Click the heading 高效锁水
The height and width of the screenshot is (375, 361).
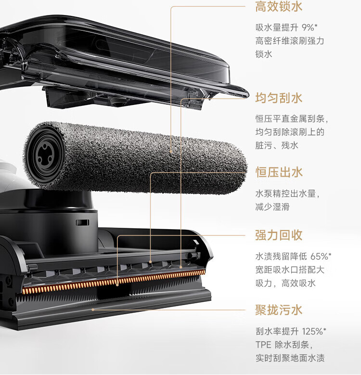pyautogui.click(x=279, y=6)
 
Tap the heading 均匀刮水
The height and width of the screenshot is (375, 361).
pyautogui.click(x=279, y=98)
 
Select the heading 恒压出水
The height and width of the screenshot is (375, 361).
pyautogui.click(x=279, y=172)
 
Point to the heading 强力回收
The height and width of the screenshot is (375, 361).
pyautogui.click(x=279, y=235)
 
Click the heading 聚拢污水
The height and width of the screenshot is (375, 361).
pyautogui.click(x=279, y=310)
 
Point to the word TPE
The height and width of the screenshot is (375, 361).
pyautogui.click(x=263, y=345)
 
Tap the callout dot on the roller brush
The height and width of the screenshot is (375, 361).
pyautogui.click(x=171, y=151)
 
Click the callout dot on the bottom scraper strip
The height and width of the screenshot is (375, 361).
pyautogui.click(x=93, y=310)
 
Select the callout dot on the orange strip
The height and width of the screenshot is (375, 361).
pyautogui.click(x=117, y=284)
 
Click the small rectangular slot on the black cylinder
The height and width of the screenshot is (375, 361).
pyautogui.click(x=82, y=223)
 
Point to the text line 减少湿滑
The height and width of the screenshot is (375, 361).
pyautogui.click(x=272, y=207)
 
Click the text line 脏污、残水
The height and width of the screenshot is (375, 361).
pyautogui.click(x=277, y=145)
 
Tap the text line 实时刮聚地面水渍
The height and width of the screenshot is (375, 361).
pyautogui.click(x=290, y=358)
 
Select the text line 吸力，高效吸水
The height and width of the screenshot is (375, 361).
pyautogui.click(x=285, y=283)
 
